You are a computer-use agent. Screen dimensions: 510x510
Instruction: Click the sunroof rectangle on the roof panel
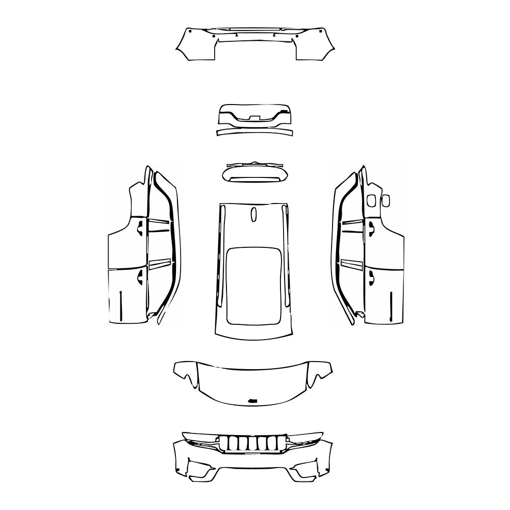[x=253, y=286]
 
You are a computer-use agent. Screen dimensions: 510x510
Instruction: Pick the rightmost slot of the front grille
[x=281, y=444]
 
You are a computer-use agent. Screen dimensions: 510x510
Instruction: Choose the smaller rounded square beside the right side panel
[x=386, y=200]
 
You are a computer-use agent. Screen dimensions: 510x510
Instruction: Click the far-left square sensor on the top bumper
[x=189, y=32]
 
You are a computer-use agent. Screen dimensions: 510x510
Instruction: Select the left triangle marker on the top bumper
[x=236, y=35]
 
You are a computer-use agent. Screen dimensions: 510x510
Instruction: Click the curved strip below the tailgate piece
[x=255, y=132]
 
